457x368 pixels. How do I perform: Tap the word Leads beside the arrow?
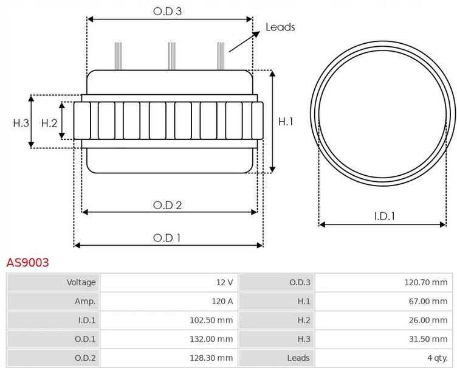[x=280, y=27]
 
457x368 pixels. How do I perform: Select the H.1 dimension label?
[x=286, y=122]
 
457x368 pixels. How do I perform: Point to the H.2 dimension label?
[x=49, y=123]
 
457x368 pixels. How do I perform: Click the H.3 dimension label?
[x=21, y=123]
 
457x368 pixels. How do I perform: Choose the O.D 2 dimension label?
[x=167, y=205]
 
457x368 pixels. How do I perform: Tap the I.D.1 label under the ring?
[x=384, y=216]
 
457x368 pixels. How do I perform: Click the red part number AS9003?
[x=27, y=263]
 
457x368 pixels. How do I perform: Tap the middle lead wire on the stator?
[x=172, y=56]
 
